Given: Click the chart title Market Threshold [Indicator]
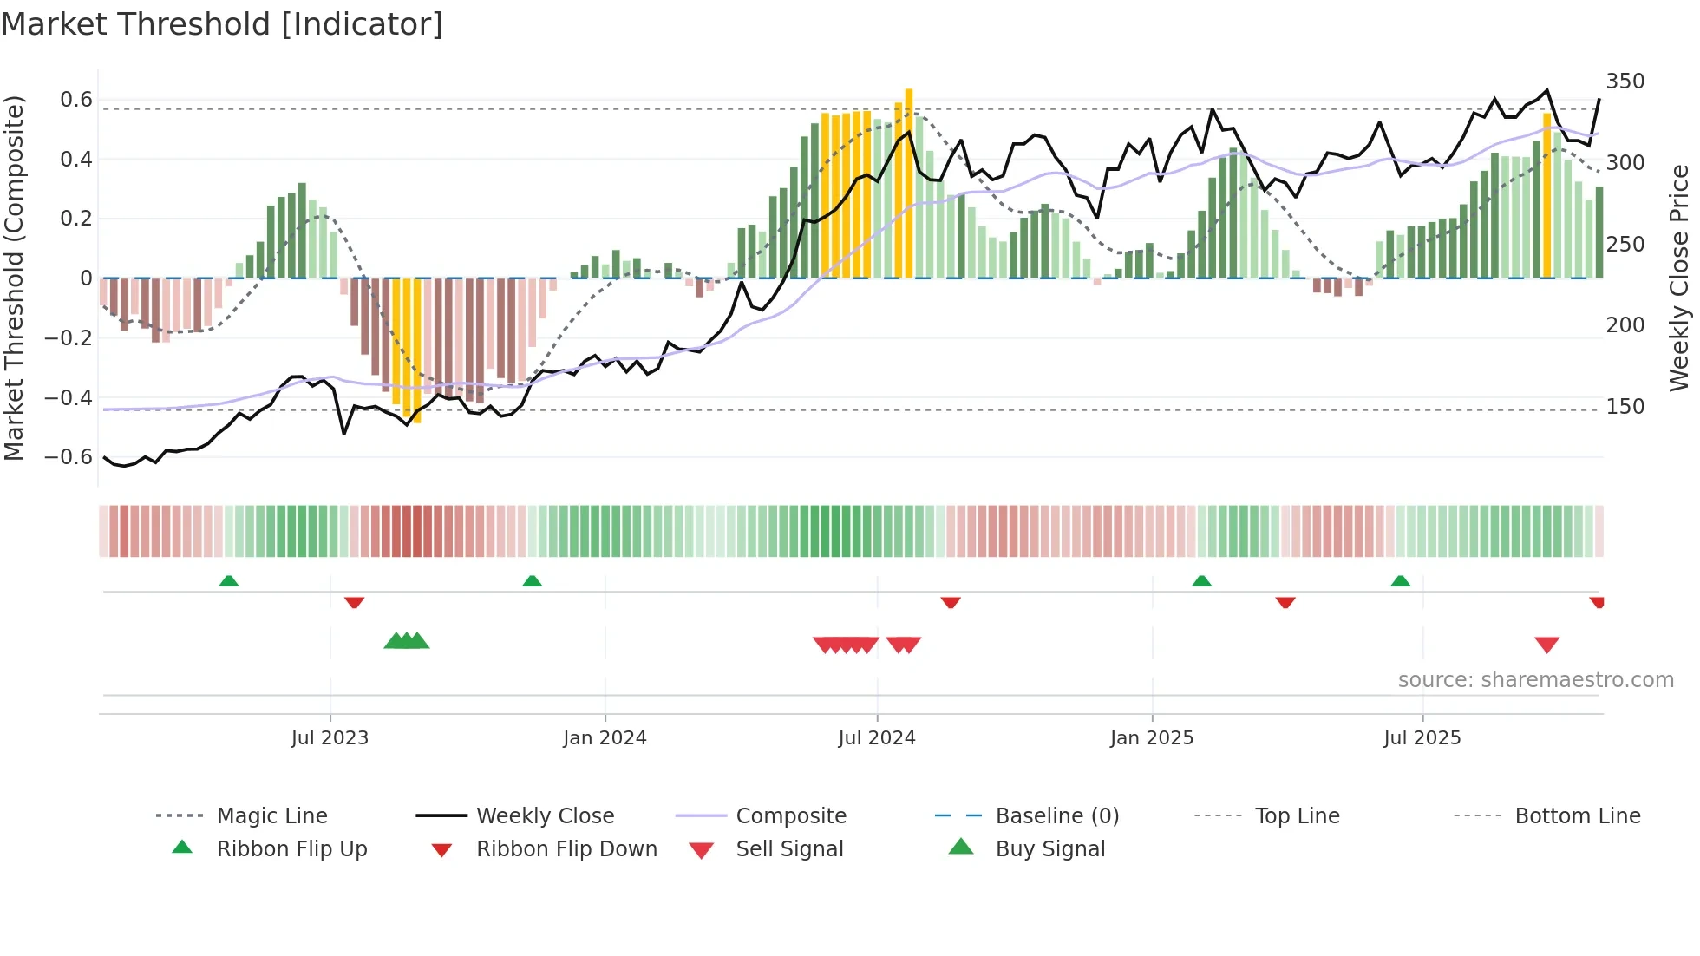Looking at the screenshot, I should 222,24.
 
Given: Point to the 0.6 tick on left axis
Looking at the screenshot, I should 76,100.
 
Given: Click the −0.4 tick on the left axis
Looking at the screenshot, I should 69,397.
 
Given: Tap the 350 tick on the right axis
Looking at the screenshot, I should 1625,82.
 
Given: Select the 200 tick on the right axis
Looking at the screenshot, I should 1625,325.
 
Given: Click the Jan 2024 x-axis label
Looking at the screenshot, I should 605,738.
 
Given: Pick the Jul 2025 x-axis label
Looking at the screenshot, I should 1422,738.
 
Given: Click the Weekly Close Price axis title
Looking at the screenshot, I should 1679,278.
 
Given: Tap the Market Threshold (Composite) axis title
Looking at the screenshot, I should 14,278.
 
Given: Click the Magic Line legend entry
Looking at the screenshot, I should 271,816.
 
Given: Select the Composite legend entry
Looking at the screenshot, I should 790,816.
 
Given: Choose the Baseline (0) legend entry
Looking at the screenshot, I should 1056,816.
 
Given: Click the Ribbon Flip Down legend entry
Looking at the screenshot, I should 566,849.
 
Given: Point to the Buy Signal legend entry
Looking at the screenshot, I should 1049,849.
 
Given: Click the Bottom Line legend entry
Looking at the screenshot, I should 1577,816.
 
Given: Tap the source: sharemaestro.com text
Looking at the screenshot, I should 1535,680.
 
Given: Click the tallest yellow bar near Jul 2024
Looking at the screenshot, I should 908,182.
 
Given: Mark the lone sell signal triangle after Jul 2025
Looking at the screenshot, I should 1546,645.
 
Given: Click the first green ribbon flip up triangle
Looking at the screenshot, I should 228,581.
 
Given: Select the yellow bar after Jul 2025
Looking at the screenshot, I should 1546,195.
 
